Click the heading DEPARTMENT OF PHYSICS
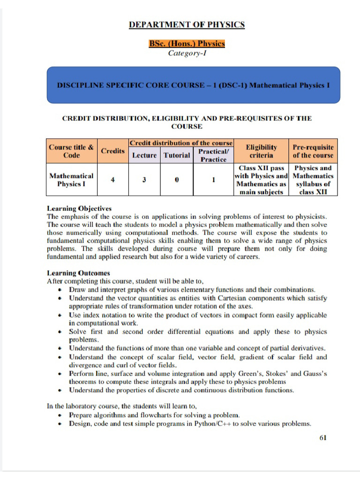tap(187, 25)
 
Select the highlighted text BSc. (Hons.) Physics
tap(187, 44)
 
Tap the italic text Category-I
tap(187, 53)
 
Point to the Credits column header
tap(112, 151)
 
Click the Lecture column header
tap(144, 155)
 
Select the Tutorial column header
tap(176, 155)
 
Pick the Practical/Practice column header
tap(213, 155)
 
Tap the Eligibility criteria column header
tap(261, 151)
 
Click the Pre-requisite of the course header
tap(313, 151)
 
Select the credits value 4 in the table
tap(112, 180)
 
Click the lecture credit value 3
tap(144, 180)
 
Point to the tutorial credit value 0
tap(176, 180)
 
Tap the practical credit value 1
tap(213, 180)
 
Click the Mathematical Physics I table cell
tap(71, 180)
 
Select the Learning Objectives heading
tap(79, 208)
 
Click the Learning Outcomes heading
tap(78, 273)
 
